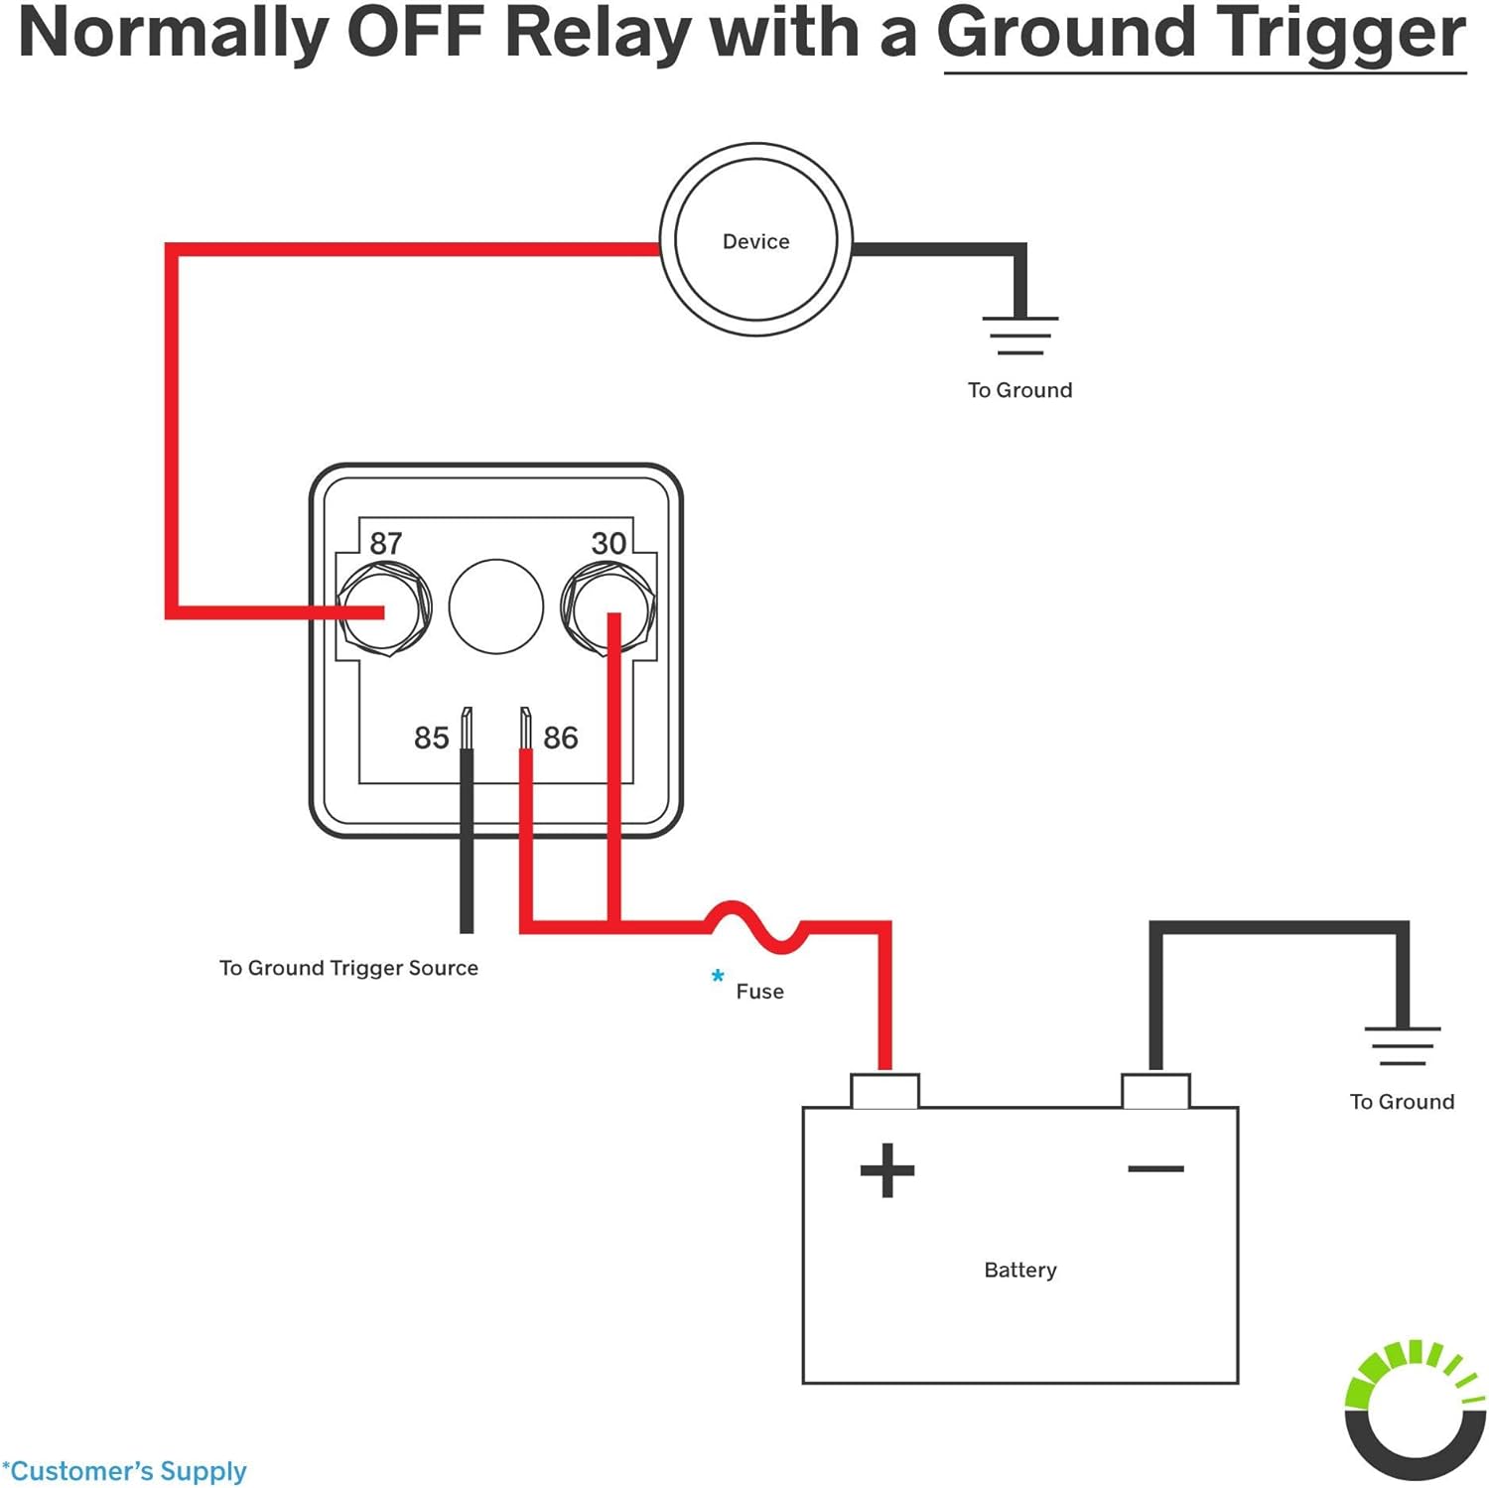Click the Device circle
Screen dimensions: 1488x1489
tap(756, 239)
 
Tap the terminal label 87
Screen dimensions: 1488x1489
tap(386, 543)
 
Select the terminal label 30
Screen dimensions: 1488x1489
tap(609, 543)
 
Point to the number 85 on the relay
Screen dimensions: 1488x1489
tap(432, 738)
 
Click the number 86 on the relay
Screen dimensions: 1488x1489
tap(561, 738)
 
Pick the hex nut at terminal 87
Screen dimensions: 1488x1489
tap(384, 608)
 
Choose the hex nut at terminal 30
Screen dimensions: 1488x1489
tap(608, 608)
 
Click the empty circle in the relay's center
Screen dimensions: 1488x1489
tap(496, 607)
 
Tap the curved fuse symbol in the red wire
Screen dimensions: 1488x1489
tap(756, 926)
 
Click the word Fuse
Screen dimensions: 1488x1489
tap(759, 991)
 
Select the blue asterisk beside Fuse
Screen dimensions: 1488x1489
tap(718, 977)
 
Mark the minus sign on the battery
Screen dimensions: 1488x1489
tap(1155, 1168)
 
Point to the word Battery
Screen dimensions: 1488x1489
tap(1019, 1270)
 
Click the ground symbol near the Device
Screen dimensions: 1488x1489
tap(1019, 335)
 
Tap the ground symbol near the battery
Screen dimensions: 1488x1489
tap(1402, 1045)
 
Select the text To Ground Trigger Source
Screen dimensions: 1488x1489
tap(348, 968)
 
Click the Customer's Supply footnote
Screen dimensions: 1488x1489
tap(125, 1470)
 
